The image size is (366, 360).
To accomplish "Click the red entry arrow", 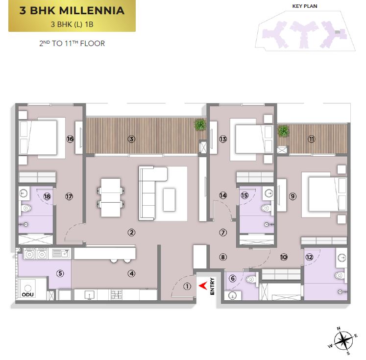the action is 203,286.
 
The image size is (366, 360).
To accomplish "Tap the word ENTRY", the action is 212,286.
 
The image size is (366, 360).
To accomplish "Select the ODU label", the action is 28,294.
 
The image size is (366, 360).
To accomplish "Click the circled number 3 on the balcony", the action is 131,139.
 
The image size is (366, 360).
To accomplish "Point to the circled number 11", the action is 312,139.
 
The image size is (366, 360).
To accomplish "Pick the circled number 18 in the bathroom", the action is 47,196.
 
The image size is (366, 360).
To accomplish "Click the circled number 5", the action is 60,273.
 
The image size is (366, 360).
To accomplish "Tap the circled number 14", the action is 223,195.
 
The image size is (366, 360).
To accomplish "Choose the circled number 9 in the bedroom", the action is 293,196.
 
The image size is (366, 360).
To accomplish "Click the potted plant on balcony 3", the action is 200,124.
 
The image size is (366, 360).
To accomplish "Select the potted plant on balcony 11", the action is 283,131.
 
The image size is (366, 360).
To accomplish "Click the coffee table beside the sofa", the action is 169,200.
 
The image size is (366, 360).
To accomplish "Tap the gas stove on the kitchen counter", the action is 116,294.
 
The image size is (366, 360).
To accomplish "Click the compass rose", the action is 343,341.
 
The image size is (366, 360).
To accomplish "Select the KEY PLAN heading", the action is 305,6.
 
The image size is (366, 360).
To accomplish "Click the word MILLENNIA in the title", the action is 92,11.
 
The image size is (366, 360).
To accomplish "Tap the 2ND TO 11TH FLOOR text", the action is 72,44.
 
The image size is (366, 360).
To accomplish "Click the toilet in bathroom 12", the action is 340,276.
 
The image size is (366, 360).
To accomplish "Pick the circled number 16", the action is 70,139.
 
